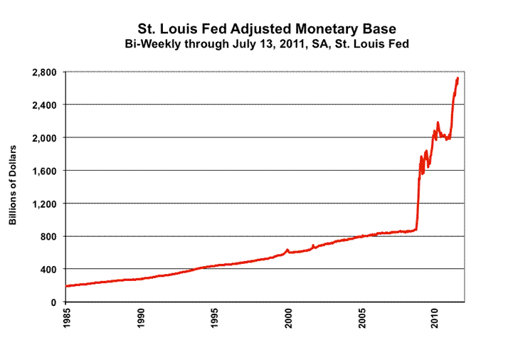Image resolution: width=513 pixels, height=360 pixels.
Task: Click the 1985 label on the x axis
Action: coord(66,318)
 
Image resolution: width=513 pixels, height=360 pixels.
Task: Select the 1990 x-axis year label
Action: coord(140,318)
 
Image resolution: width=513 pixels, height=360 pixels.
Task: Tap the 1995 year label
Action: coord(214,318)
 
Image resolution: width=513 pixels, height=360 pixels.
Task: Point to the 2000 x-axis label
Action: coord(288,318)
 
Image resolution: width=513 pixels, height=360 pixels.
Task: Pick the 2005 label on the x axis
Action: coord(362,318)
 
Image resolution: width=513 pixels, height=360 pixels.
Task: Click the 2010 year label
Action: coord(436,318)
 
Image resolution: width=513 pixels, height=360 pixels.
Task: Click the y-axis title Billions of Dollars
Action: coord(13,186)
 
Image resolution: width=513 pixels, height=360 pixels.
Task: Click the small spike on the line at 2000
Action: coord(287,250)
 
